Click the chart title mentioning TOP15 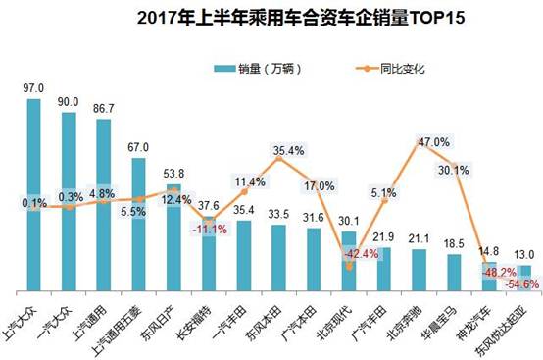pos(271,17)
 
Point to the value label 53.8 pos(173,169)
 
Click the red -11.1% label pos(207,229)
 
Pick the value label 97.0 pos(33,86)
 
